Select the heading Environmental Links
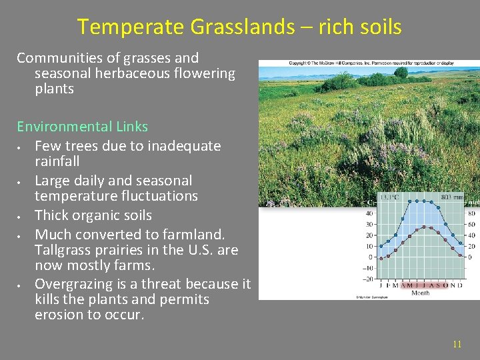pos(82,127)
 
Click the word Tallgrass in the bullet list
pos(67,250)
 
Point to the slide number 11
pos(457,344)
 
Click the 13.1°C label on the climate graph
pos(389,197)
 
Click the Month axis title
pos(420,292)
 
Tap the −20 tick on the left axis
pos(367,279)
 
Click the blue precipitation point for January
pos(381,246)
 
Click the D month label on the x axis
pos(460,285)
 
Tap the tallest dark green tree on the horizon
pos(401,72)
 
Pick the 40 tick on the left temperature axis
pos(369,214)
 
